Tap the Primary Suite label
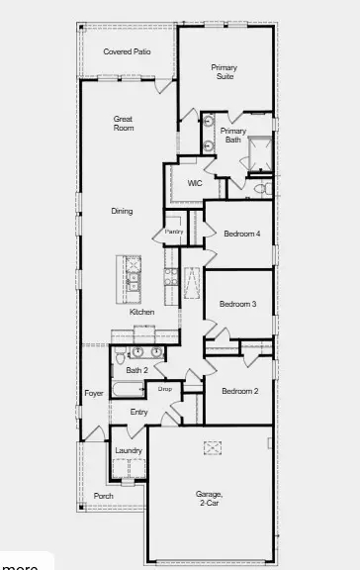click(x=225, y=72)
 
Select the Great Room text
click(x=124, y=124)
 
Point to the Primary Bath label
click(x=232, y=136)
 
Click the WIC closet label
click(x=195, y=183)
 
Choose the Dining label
click(x=122, y=211)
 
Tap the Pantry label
click(x=174, y=232)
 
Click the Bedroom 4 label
click(x=240, y=234)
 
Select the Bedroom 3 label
click(x=238, y=304)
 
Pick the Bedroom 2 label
click(x=239, y=391)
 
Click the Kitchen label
click(x=142, y=312)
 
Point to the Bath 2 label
click(x=136, y=370)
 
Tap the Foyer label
click(x=94, y=393)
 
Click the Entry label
click(x=139, y=412)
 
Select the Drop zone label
click(x=165, y=389)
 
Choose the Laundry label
click(x=129, y=450)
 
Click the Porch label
click(x=103, y=496)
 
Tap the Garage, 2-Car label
click(x=209, y=498)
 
